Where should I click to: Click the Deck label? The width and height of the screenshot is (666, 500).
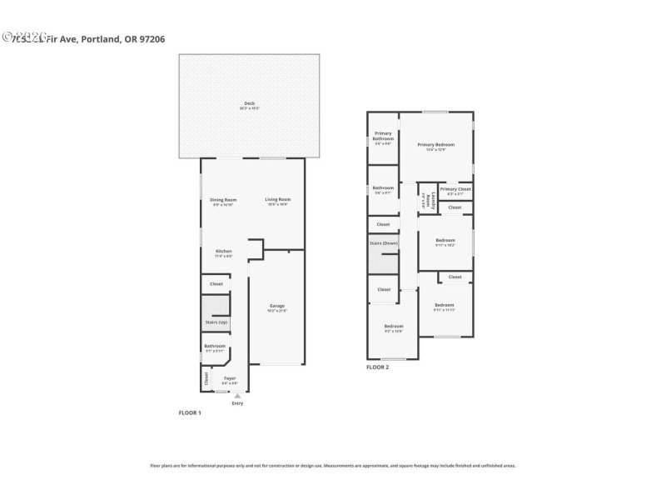point(249,103)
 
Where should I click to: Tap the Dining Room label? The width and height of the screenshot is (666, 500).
point(223,199)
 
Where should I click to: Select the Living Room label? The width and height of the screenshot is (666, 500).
point(277,199)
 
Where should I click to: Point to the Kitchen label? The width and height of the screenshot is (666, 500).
point(223,251)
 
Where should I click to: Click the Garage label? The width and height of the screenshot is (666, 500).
point(276,306)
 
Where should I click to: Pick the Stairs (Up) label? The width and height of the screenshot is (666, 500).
point(216,322)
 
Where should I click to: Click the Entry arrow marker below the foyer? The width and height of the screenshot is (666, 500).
point(237,395)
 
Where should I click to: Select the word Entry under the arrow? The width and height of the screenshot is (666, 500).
point(237,404)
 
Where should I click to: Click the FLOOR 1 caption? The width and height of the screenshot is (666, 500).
point(190,412)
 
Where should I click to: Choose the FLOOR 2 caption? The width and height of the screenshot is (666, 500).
point(378,367)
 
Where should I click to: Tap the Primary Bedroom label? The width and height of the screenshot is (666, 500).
point(436,145)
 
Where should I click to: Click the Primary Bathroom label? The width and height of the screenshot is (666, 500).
point(383,135)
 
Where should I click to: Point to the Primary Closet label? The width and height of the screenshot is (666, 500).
point(455,189)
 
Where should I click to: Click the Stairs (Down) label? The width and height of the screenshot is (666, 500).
point(384,242)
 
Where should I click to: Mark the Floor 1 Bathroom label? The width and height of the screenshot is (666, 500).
point(215,346)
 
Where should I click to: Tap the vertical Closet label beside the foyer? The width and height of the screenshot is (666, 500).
point(206,378)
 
